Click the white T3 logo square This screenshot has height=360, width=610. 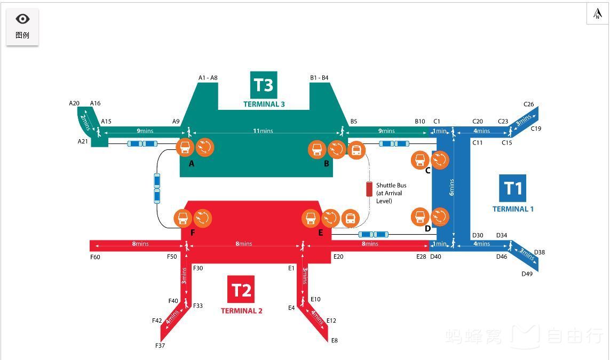(x=264, y=85)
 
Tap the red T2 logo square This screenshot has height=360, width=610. (x=241, y=290)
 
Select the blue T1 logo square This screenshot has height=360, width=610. (x=512, y=188)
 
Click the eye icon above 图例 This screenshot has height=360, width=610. (x=22, y=19)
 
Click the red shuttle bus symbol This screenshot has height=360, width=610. (x=369, y=189)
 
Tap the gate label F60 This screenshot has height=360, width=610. (x=95, y=257)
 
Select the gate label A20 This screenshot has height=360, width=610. (x=74, y=103)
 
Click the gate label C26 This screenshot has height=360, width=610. (x=528, y=105)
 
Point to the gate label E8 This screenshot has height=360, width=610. (x=334, y=340)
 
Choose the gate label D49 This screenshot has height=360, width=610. (x=527, y=274)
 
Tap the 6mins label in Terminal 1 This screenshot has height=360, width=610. (x=452, y=187)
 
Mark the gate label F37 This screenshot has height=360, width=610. (x=160, y=346)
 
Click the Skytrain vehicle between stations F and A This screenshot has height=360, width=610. (x=157, y=188)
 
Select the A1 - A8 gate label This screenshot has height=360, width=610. (x=208, y=78)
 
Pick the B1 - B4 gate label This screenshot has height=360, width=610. (x=319, y=78)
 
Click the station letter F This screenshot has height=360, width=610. (x=193, y=233)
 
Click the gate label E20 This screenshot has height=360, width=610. (x=338, y=257)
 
